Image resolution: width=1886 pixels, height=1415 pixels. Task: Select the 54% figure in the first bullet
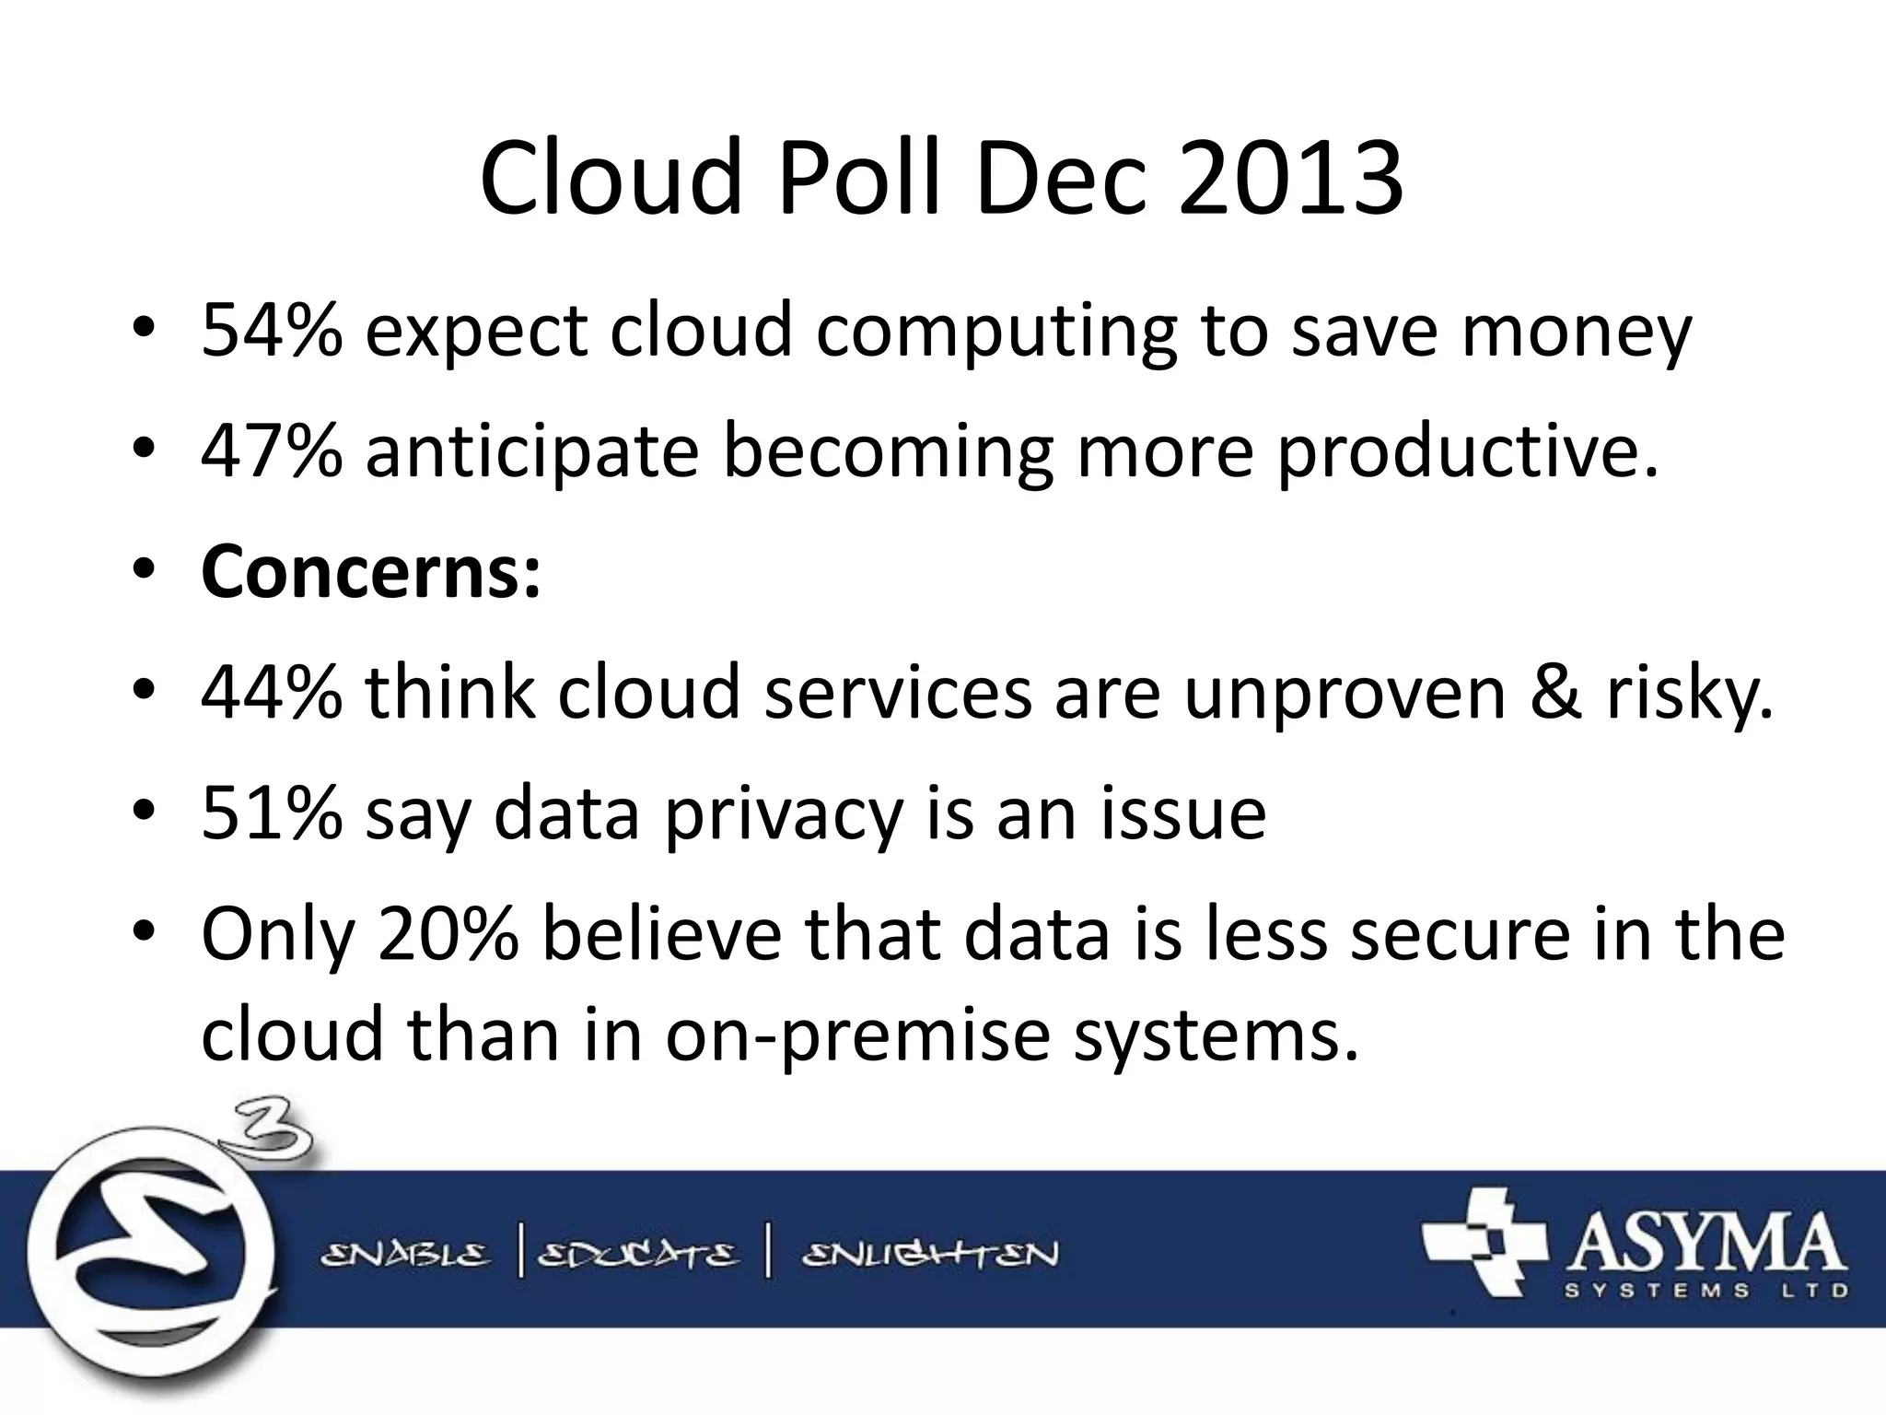[272, 330]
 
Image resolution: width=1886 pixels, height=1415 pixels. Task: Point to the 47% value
[272, 451]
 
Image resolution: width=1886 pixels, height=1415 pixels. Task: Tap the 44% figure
[272, 692]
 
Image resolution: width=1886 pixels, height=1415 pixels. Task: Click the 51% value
[272, 813]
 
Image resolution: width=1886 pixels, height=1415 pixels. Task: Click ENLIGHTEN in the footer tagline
[930, 1255]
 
